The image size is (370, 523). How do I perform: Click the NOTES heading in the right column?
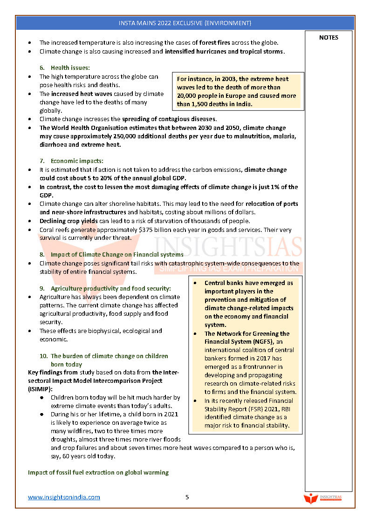click(x=329, y=38)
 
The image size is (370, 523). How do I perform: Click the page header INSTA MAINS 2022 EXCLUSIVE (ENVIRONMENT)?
click(x=185, y=23)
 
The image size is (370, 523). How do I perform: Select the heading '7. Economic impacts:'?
click(x=72, y=161)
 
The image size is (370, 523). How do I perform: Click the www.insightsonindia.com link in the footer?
click(x=64, y=497)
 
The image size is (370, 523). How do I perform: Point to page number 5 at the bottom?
click(x=187, y=497)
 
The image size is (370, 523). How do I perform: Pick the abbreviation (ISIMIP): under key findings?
click(x=40, y=389)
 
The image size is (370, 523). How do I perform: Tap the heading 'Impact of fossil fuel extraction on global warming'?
click(x=98, y=472)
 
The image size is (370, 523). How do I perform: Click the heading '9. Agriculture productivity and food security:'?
click(x=105, y=288)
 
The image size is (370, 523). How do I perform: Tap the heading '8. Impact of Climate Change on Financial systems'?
click(x=111, y=254)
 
